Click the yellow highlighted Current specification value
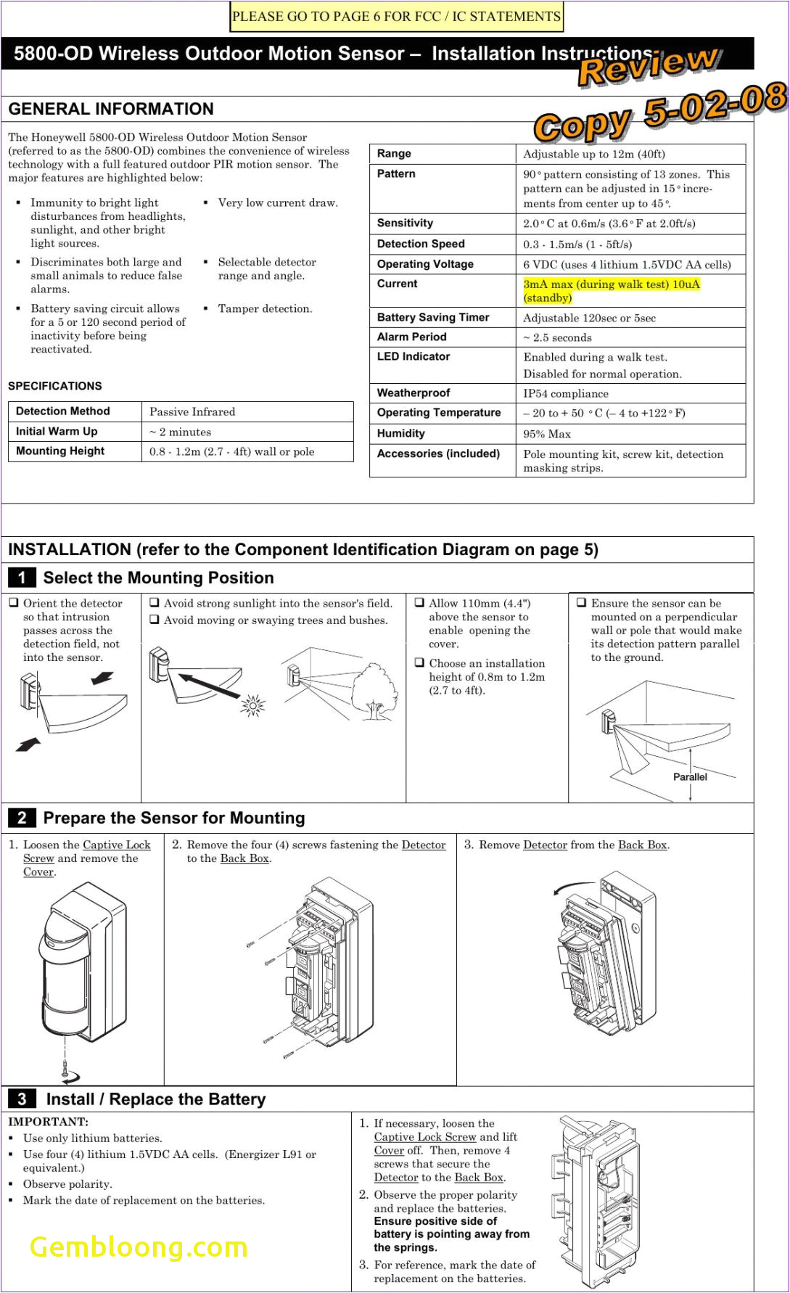(x=611, y=291)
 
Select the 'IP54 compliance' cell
(x=566, y=393)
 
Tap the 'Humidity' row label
(x=400, y=433)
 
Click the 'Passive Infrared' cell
(x=192, y=411)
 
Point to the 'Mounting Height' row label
(x=60, y=451)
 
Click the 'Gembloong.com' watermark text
(x=139, y=1247)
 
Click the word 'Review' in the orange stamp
(x=648, y=65)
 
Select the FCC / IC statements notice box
(x=396, y=17)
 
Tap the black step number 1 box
(x=22, y=578)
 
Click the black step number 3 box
(x=22, y=1099)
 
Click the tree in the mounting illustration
(x=374, y=693)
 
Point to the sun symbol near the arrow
(x=253, y=705)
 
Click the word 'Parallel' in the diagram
(x=689, y=776)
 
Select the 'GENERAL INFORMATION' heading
(x=111, y=109)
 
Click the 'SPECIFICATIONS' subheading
(x=55, y=386)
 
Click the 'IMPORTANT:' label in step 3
(x=48, y=1121)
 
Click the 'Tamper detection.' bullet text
(x=265, y=308)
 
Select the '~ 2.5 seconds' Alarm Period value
(x=557, y=337)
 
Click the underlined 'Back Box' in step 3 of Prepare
(x=642, y=845)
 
